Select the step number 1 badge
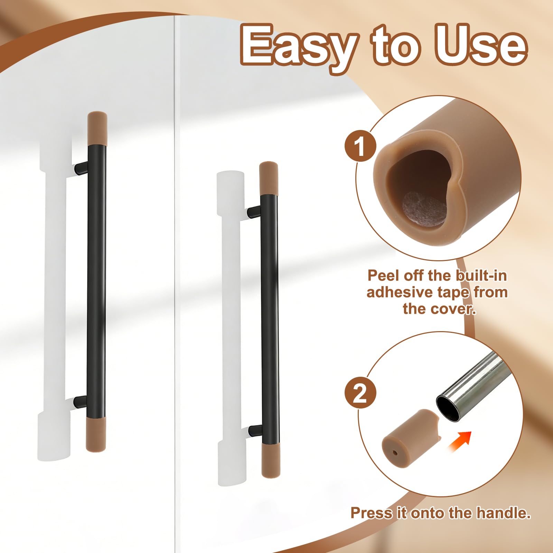click(360, 146)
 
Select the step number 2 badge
click(360, 393)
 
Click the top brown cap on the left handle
click(97, 128)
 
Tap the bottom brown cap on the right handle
click(271, 460)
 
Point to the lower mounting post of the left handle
click(80, 401)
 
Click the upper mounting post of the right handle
click(254, 212)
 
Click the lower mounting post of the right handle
click(255, 430)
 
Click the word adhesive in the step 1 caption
click(399, 292)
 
